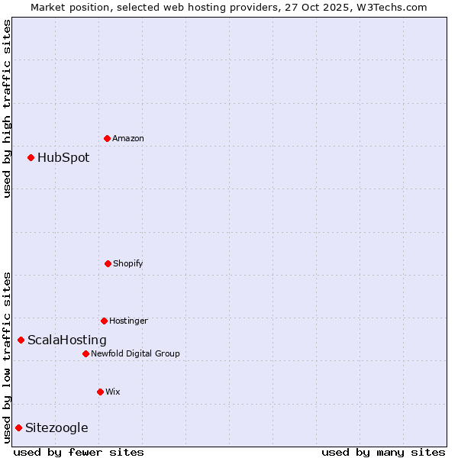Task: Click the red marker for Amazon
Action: [x=107, y=138]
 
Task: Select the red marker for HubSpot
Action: [x=31, y=157]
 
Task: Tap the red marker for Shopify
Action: [x=108, y=263]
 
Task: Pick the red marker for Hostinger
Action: [x=104, y=321]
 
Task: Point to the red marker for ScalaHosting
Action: [x=21, y=340]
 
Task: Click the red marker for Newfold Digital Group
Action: [x=85, y=353]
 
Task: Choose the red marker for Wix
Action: [x=100, y=392]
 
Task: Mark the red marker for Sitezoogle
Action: [x=18, y=427]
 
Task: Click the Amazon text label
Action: [x=128, y=139]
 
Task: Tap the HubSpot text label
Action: [x=63, y=158]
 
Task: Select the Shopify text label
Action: [x=128, y=264]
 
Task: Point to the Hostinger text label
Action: [x=128, y=321]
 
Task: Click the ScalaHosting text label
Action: [x=67, y=340]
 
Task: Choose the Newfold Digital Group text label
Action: [x=136, y=354]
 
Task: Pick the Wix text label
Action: [x=113, y=392]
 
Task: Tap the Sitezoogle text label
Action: [x=56, y=428]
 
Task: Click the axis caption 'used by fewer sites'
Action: [x=79, y=452]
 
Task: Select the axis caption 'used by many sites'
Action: [x=383, y=452]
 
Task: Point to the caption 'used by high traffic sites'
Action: [x=7, y=108]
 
